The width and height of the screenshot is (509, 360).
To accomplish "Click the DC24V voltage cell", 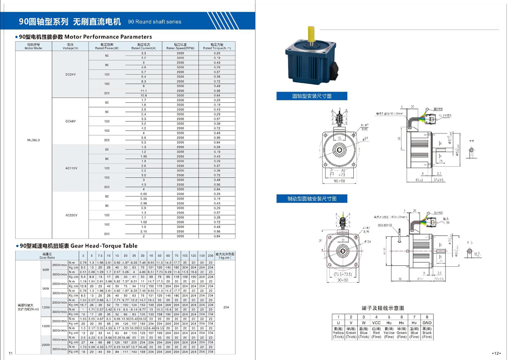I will pyautogui.click(x=71, y=74).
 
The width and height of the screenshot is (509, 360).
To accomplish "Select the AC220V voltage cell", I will pyautogui.click(x=71, y=215).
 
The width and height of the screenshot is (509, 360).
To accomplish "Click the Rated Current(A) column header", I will pyautogui.click(x=144, y=46).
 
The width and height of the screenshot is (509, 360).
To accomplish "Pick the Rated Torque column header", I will pyautogui.click(x=217, y=46).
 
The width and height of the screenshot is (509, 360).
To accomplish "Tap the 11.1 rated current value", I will pyautogui.click(x=144, y=91).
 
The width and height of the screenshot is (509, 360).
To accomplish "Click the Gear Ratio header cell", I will pyautogui.click(x=47, y=255).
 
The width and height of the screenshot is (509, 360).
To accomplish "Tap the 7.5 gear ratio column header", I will pyautogui.click(x=101, y=255).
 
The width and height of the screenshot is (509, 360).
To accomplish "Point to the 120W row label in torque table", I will pyautogui.click(x=46, y=307).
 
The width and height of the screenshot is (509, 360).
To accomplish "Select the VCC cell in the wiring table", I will pyautogui.click(x=376, y=323).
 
